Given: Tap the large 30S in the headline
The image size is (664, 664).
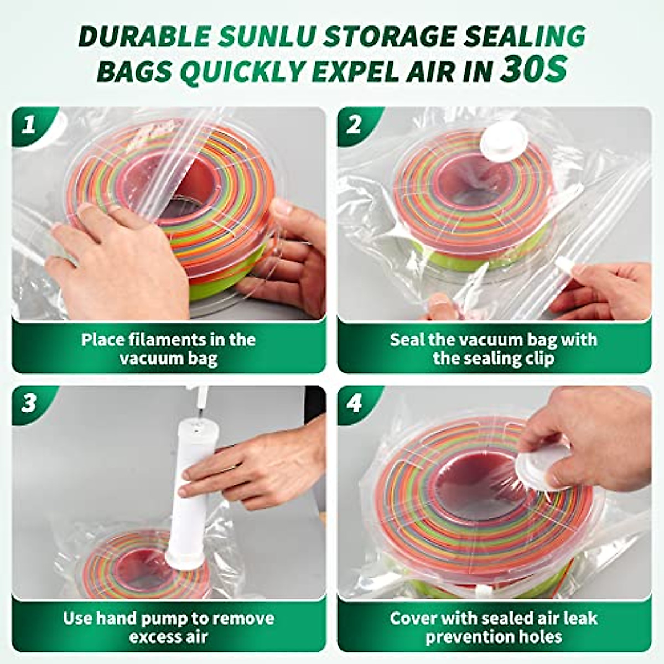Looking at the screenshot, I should (533, 70).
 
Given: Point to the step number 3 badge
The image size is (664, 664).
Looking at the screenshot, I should (28, 403).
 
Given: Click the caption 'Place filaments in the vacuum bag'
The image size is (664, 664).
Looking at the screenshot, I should (168, 348).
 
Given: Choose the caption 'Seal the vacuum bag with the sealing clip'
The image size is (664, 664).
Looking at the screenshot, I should (494, 348).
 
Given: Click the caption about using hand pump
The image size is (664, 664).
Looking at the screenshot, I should (168, 627).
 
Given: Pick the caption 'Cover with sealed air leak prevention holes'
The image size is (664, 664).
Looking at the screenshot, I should (494, 627).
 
